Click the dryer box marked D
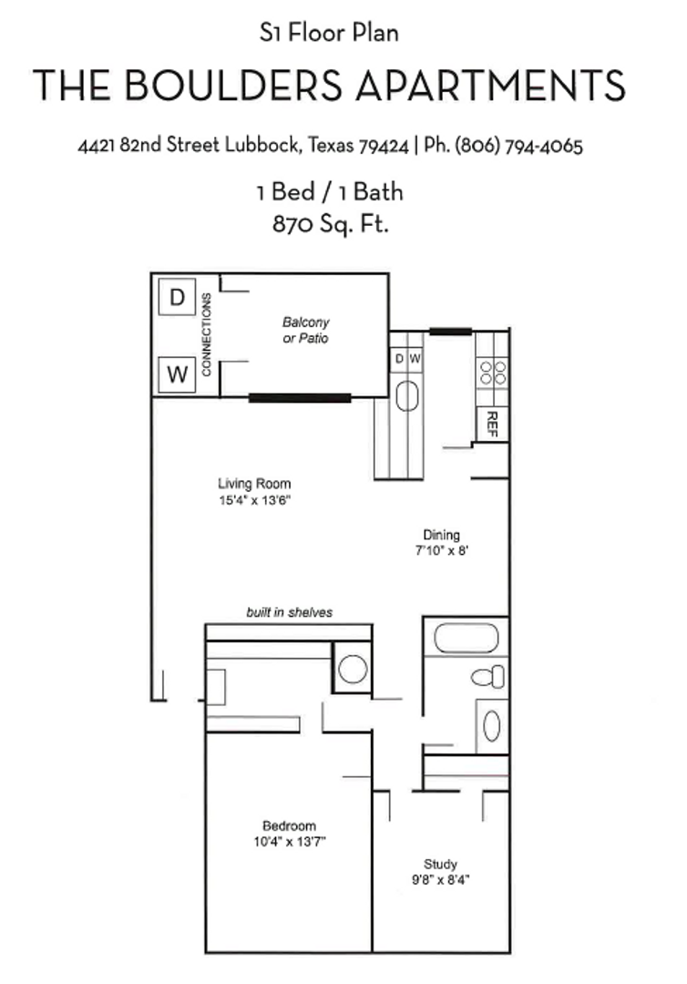178,297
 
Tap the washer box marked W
178,374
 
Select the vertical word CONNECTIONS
207,334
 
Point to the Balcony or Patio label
305,330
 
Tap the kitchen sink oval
407,397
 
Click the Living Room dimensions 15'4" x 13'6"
254,501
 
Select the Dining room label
442,535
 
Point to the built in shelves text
289,612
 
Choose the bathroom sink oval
491,726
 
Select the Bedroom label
290,825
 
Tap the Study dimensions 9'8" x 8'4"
440,881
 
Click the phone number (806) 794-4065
518,146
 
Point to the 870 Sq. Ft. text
331,223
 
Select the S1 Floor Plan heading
329,34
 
